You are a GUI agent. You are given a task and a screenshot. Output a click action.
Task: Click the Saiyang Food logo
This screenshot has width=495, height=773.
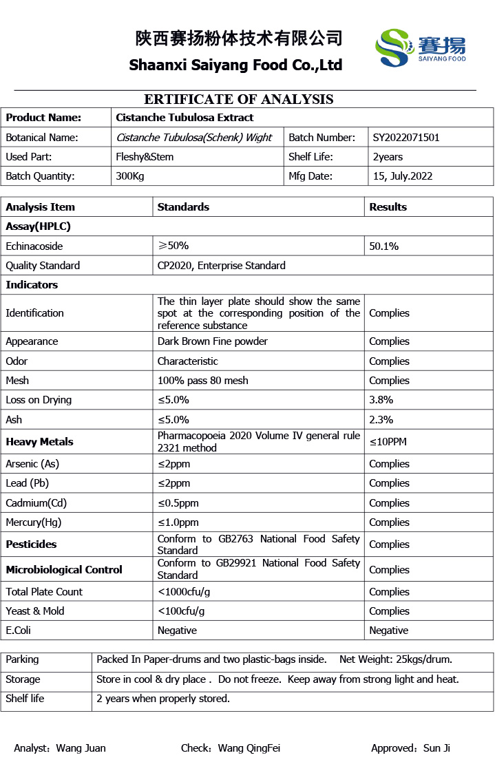point(420,47)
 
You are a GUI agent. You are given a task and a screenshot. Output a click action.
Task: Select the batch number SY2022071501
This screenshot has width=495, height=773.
point(406,138)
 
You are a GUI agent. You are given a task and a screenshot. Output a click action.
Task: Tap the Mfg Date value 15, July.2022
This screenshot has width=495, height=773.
point(402,176)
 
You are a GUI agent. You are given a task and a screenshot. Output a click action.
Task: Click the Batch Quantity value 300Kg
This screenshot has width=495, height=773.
point(130,176)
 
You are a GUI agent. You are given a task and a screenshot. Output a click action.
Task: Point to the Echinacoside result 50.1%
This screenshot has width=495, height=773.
point(383,246)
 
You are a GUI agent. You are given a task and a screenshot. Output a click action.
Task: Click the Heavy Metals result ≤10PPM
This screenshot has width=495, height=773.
point(388,442)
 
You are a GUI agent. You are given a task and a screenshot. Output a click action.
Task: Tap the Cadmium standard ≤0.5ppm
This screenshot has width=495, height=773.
point(178,503)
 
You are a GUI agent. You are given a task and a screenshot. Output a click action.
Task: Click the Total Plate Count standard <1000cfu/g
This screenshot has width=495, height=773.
point(184,592)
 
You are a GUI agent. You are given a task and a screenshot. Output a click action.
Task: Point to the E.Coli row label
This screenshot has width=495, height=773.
point(19,631)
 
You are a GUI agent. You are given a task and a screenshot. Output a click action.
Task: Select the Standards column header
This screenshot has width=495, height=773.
point(183,207)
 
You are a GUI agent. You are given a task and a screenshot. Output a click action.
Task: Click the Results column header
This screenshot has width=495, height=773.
point(388,207)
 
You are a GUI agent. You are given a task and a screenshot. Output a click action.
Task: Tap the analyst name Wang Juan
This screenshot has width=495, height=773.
point(81,748)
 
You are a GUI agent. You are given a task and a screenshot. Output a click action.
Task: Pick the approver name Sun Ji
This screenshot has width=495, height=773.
point(436,748)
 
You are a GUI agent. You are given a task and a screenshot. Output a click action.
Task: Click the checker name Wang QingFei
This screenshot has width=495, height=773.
point(249,748)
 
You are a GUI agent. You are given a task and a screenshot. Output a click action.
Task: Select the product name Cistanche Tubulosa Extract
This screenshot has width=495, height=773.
point(185,118)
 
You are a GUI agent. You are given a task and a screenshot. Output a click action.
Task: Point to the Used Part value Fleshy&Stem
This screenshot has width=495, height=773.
point(145,157)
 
